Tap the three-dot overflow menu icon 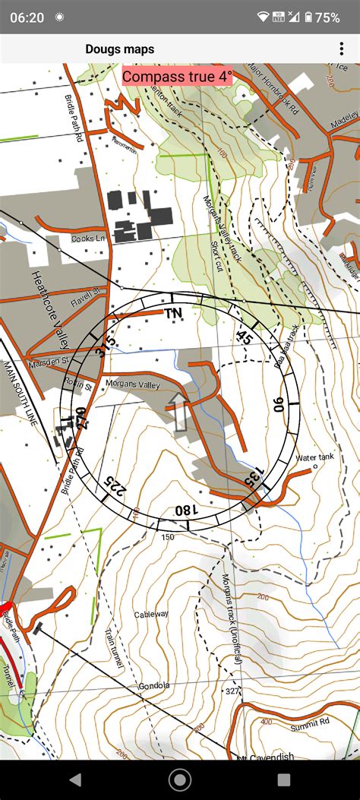[x=342, y=49]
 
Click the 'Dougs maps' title [x=119, y=49]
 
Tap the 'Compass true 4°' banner [x=177, y=77]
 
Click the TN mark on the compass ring [x=174, y=312]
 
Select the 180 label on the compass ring [x=184, y=511]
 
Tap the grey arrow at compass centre [x=179, y=412]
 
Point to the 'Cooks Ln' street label [x=87, y=239]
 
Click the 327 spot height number [x=232, y=691]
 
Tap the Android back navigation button [x=75, y=779]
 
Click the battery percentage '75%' [x=327, y=17]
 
